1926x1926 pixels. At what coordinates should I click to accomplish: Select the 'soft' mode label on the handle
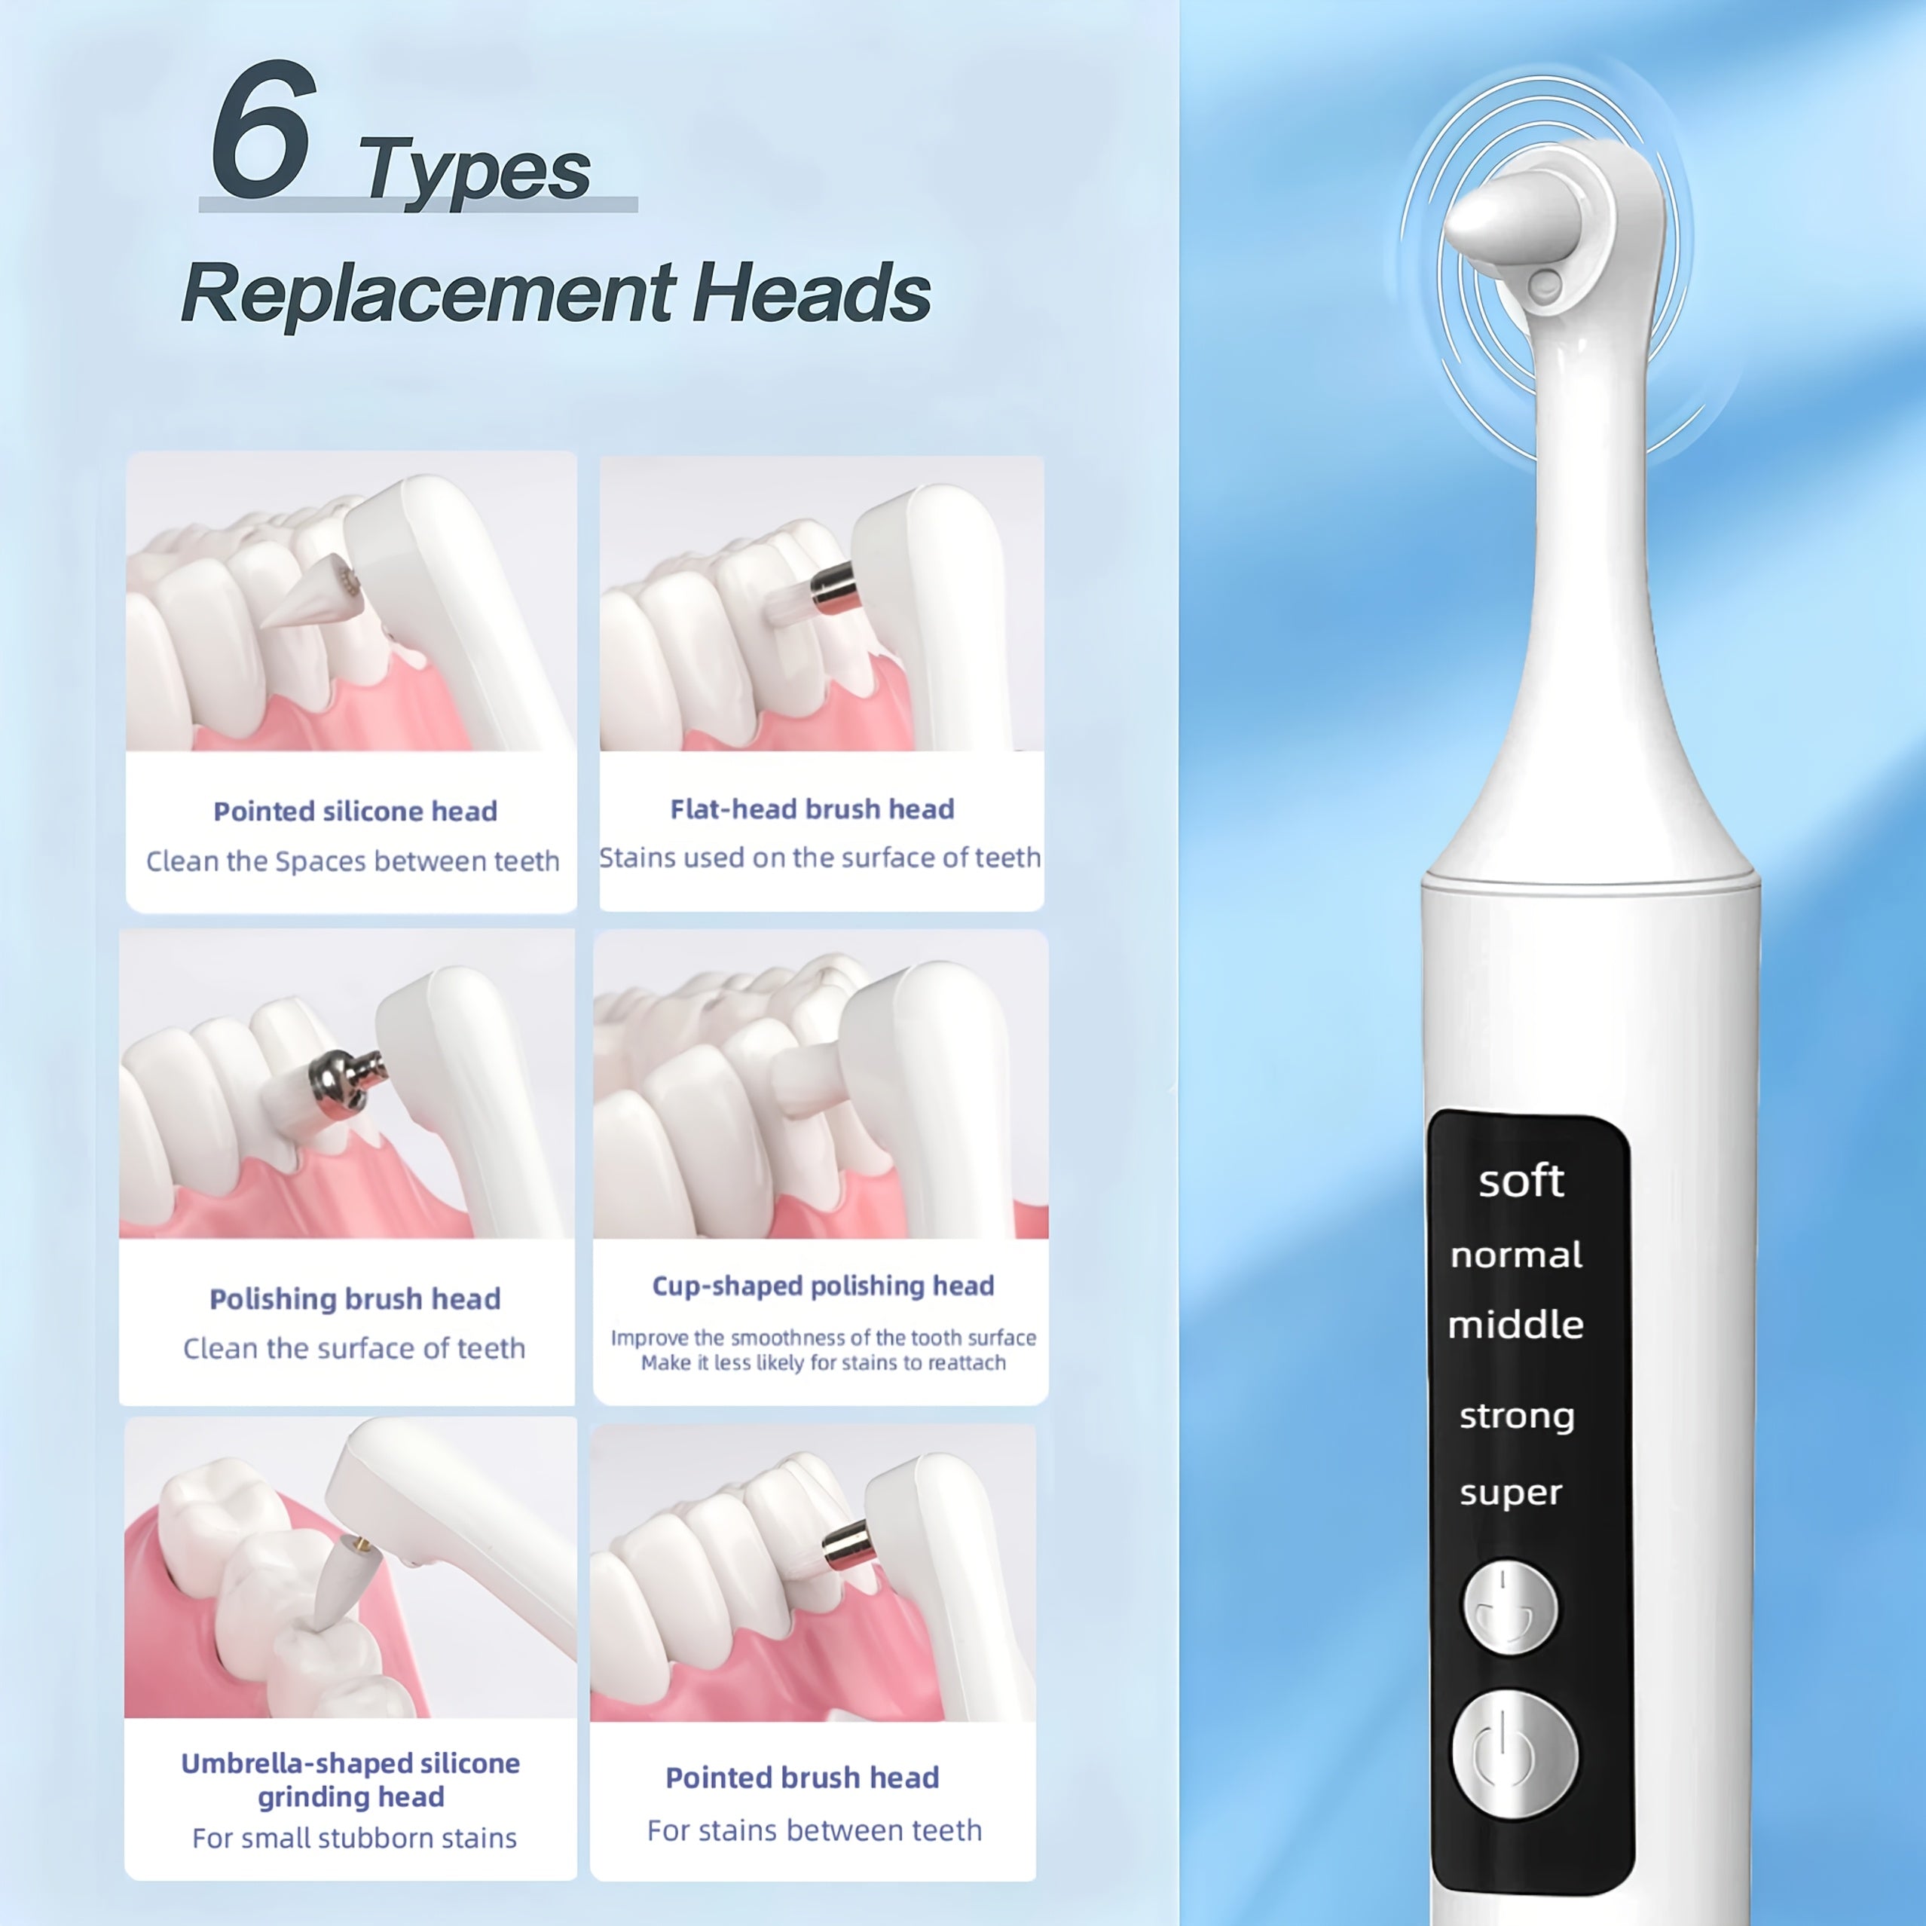point(1521,1182)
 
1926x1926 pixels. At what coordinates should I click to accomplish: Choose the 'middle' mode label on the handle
point(1515,1325)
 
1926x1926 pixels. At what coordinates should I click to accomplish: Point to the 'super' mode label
point(1510,1493)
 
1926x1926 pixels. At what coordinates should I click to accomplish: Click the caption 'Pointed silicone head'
point(355,812)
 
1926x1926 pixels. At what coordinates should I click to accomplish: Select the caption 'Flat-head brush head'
point(812,809)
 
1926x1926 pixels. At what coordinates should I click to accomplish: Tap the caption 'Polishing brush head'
point(355,1299)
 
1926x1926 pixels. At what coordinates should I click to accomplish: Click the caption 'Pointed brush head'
point(802,1778)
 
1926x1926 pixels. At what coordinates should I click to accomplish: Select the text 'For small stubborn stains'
point(354,1839)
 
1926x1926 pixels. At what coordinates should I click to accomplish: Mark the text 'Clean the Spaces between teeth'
point(353,861)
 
